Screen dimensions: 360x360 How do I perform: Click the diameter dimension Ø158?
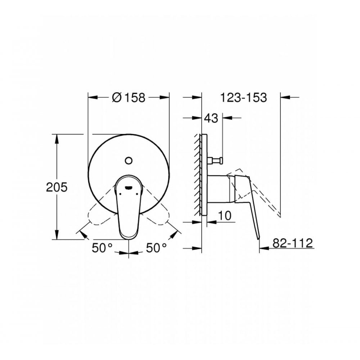[x=129, y=97]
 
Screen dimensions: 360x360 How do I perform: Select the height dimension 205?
[x=57, y=187]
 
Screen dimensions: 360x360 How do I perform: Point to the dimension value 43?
[x=211, y=118]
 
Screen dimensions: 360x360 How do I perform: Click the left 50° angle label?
[x=102, y=248]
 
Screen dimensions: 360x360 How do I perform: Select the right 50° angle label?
[x=156, y=248]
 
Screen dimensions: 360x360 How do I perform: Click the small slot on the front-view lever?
[x=129, y=187]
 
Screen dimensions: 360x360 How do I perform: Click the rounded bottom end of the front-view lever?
[x=129, y=236]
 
